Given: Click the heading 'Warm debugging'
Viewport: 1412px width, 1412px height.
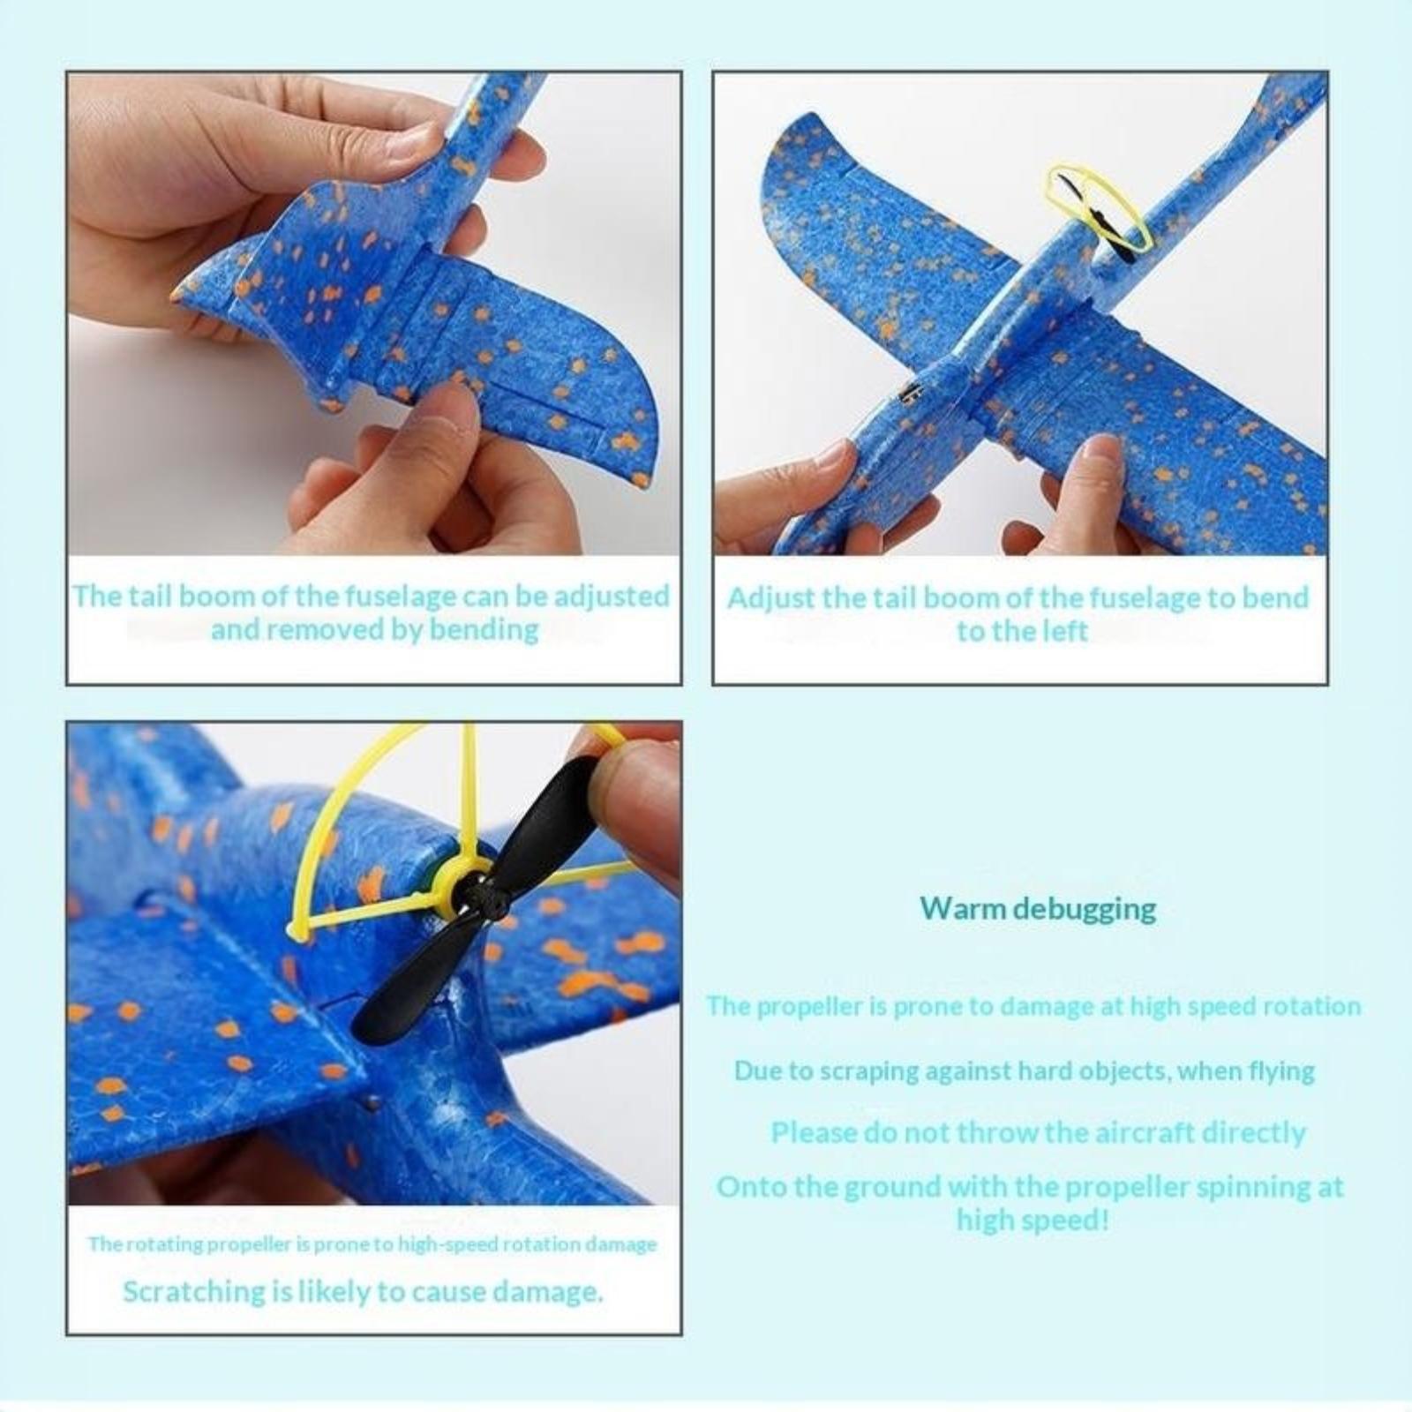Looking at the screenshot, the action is [1038, 908].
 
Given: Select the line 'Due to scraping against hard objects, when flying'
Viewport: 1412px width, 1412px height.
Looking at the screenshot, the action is [1024, 1071].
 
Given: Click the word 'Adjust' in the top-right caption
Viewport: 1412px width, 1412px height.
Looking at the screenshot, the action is [770, 598].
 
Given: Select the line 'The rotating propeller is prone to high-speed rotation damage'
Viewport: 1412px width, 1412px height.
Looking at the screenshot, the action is [372, 1244].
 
